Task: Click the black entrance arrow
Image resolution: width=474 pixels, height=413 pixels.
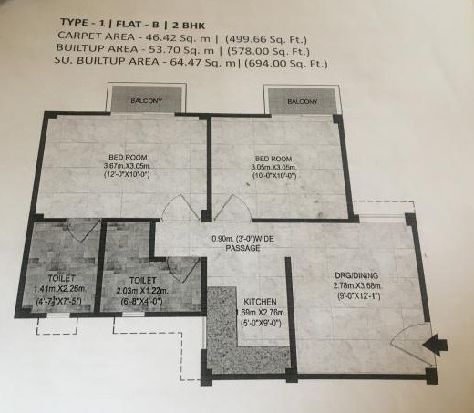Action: point(437,344)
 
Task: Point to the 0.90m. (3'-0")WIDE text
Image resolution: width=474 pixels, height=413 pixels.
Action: point(243,239)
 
